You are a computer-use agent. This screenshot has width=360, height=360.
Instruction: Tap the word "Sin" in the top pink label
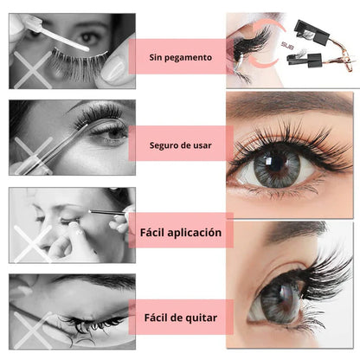point(157,58)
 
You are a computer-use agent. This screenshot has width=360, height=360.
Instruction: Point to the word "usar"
point(217,144)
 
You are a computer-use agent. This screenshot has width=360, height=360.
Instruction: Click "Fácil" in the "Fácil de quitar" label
point(157,317)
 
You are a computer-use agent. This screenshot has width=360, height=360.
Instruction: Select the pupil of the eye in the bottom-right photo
point(277,298)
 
